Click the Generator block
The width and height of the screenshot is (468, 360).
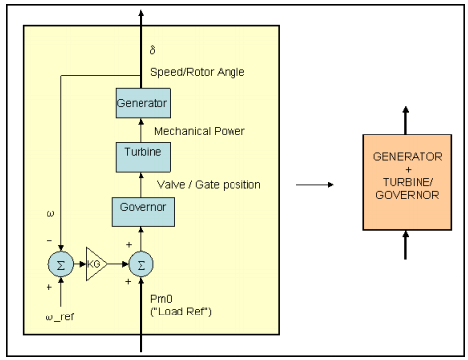point(141,102)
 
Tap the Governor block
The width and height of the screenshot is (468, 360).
point(140,210)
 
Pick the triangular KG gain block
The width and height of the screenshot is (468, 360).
point(96,265)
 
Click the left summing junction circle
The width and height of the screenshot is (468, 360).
point(60,265)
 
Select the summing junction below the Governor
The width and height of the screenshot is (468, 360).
point(140,265)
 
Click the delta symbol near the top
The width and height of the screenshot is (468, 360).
point(152,49)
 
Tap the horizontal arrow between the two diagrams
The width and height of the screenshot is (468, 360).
point(314,183)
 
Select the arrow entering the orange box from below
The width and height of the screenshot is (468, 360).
point(404,244)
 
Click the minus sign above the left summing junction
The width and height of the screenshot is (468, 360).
point(50,239)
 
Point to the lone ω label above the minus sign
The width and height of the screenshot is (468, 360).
point(50,212)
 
